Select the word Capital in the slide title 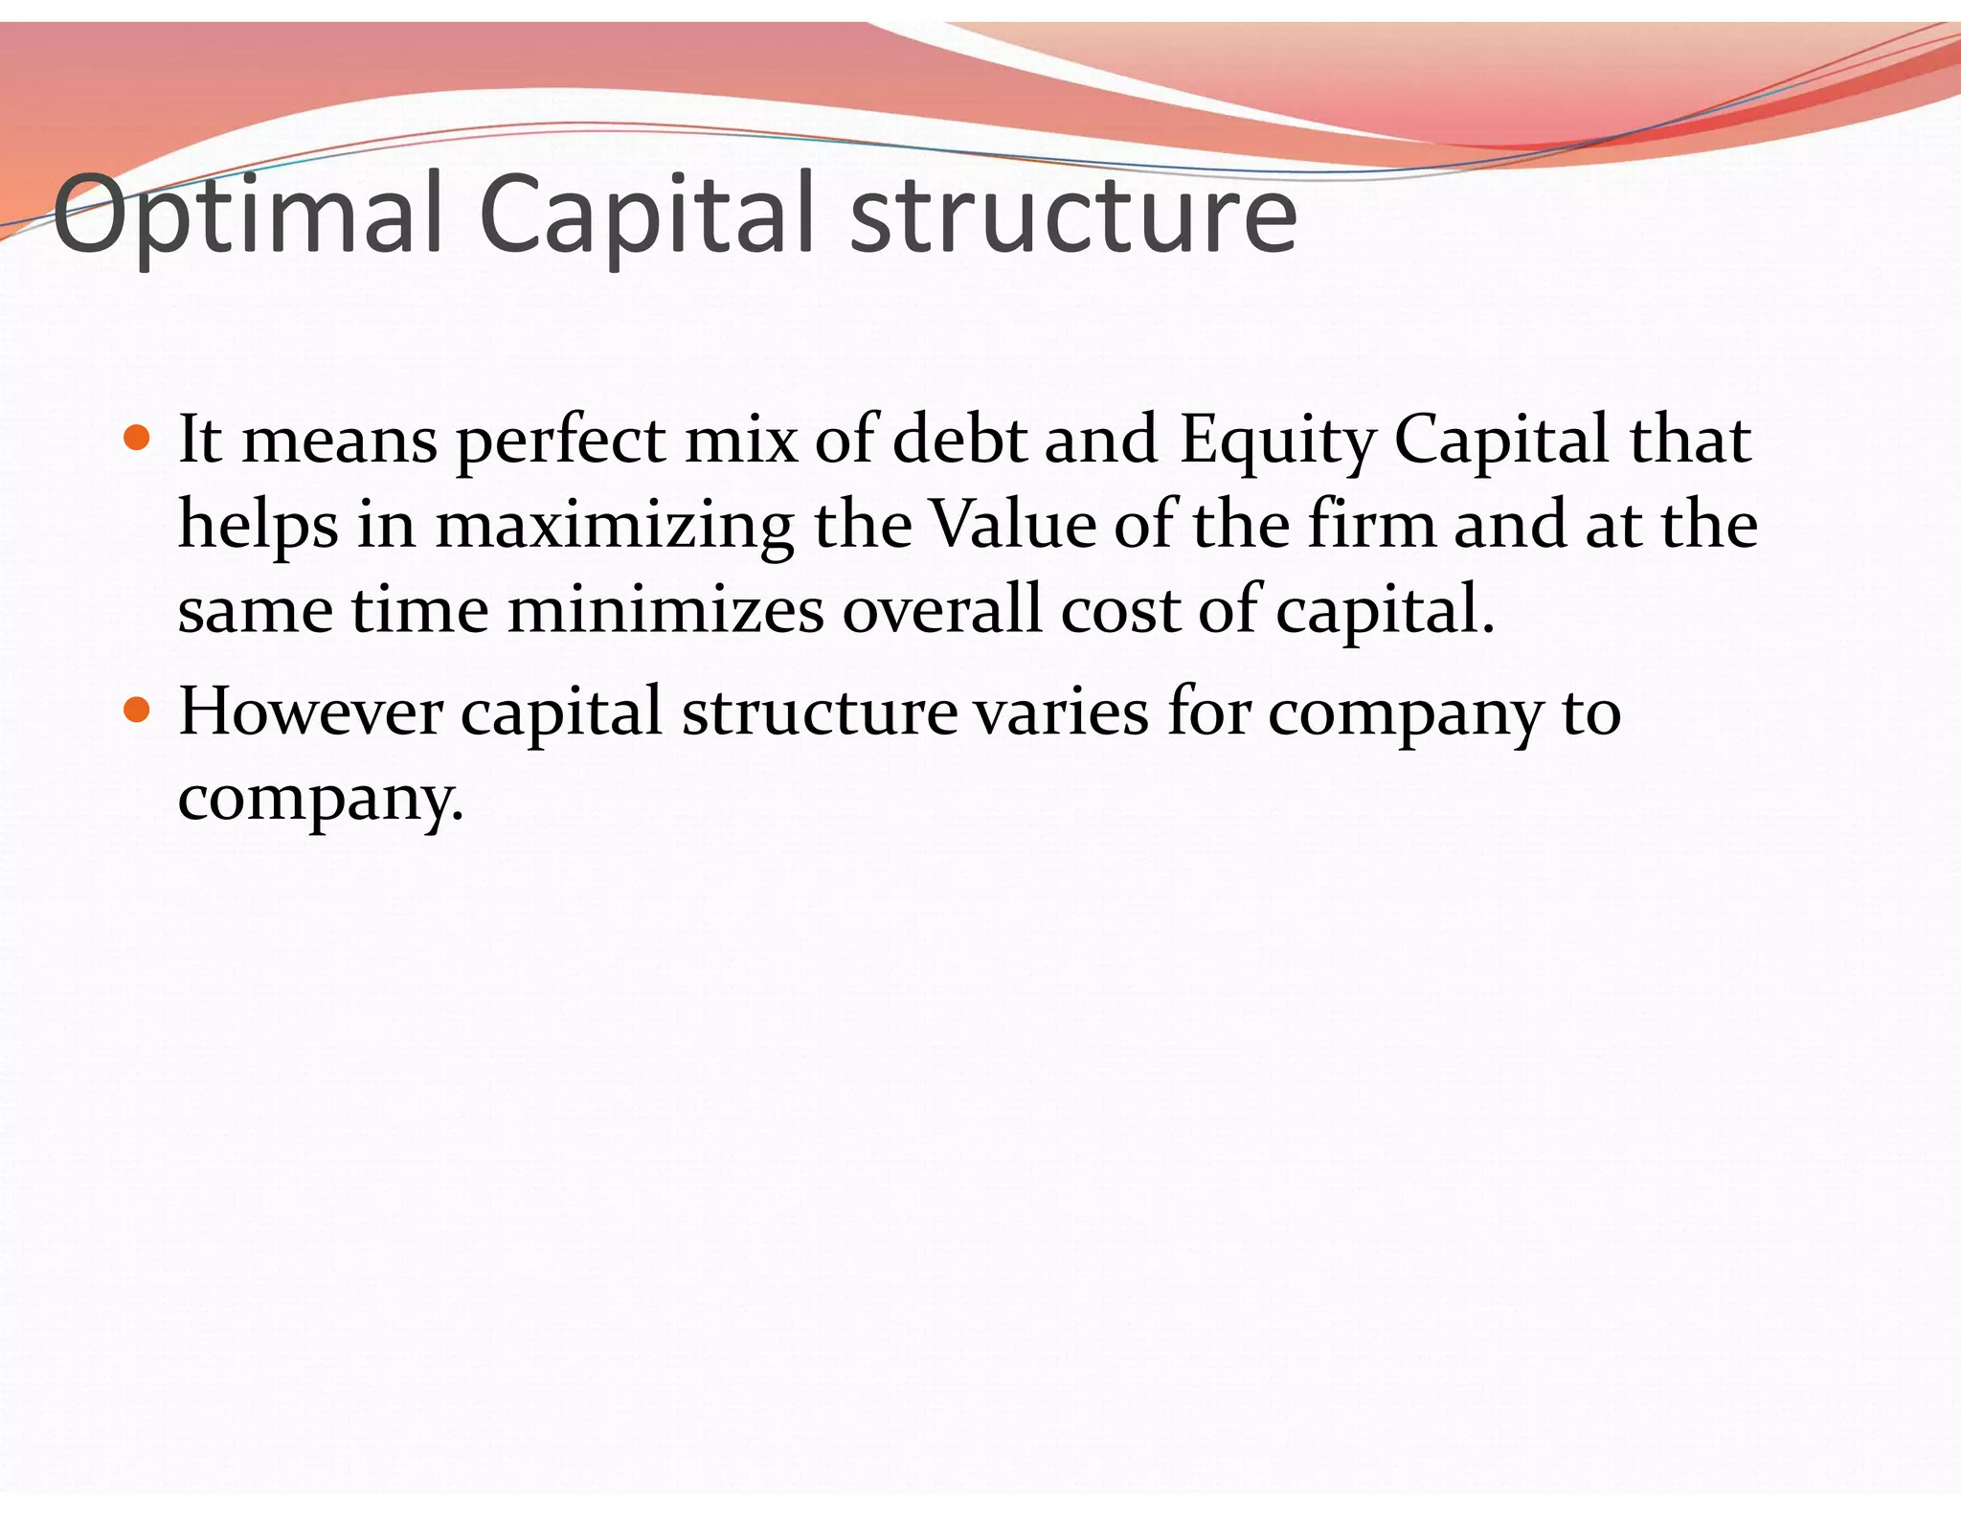pyautogui.click(x=646, y=215)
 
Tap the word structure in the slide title pyautogui.click(x=1072, y=215)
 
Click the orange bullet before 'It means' pyautogui.click(x=138, y=439)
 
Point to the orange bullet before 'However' pyautogui.click(x=138, y=711)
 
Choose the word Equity pyautogui.click(x=1277, y=441)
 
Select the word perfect pyautogui.click(x=560, y=441)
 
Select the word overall pyautogui.click(x=941, y=609)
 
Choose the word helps pyautogui.click(x=259, y=526)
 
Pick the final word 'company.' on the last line pyautogui.click(x=321, y=798)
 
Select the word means pyautogui.click(x=340, y=441)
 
